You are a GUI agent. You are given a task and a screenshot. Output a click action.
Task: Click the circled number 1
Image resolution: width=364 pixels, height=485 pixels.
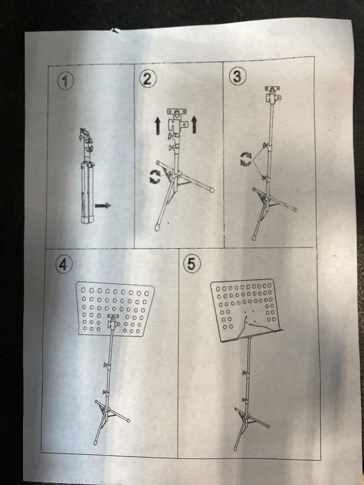[x=66, y=81]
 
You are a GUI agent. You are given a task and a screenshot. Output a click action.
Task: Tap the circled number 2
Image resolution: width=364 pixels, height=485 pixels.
[x=147, y=79]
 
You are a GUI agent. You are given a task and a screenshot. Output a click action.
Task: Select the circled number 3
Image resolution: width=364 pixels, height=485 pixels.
[x=238, y=76]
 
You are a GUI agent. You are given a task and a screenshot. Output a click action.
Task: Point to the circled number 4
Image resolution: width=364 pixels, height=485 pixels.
[x=64, y=265]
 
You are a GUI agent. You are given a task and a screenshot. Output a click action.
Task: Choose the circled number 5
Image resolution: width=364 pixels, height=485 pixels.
[x=192, y=264]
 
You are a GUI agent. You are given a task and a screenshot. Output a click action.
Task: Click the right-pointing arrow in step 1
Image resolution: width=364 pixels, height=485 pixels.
[x=103, y=206]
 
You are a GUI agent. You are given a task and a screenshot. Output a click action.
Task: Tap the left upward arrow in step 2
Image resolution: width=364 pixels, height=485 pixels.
[x=158, y=127]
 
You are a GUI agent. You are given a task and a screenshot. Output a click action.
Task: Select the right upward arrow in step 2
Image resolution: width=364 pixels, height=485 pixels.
[x=194, y=125]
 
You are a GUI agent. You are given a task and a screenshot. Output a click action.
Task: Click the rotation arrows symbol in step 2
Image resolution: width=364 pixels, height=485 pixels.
[x=155, y=176]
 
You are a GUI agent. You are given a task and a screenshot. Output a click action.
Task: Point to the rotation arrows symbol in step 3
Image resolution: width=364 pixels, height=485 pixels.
[x=246, y=159]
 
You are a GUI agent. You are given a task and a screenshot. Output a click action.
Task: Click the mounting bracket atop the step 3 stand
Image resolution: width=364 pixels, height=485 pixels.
[x=272, y=95]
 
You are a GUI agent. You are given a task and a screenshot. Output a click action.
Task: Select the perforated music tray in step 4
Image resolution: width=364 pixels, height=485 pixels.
[x=115, y=308]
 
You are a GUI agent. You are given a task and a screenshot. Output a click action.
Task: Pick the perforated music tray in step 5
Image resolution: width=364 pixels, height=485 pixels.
[x=246, y=310]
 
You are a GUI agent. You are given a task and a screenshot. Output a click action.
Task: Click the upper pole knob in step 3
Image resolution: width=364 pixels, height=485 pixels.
[x=265, y=145]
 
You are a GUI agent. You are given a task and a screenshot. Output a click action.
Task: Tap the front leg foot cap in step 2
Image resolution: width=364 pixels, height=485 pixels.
[x=158, y=227]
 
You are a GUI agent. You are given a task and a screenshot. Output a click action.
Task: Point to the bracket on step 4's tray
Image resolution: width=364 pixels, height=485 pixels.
[x=113, y=322]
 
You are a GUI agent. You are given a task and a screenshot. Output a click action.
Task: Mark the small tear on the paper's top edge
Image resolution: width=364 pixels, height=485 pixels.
[x=116, y=30]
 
